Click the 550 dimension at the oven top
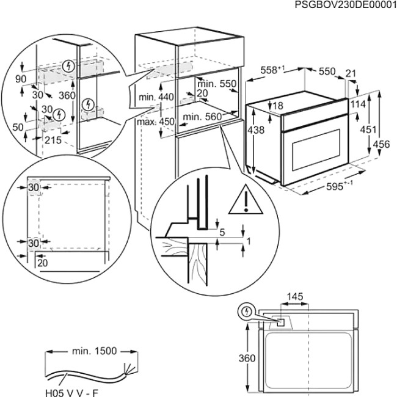click(x=327, y=71)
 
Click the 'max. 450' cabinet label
click(x=156, y=121)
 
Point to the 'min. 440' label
click(x=156, y=97)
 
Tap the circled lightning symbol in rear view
click(x=246, y=311)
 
